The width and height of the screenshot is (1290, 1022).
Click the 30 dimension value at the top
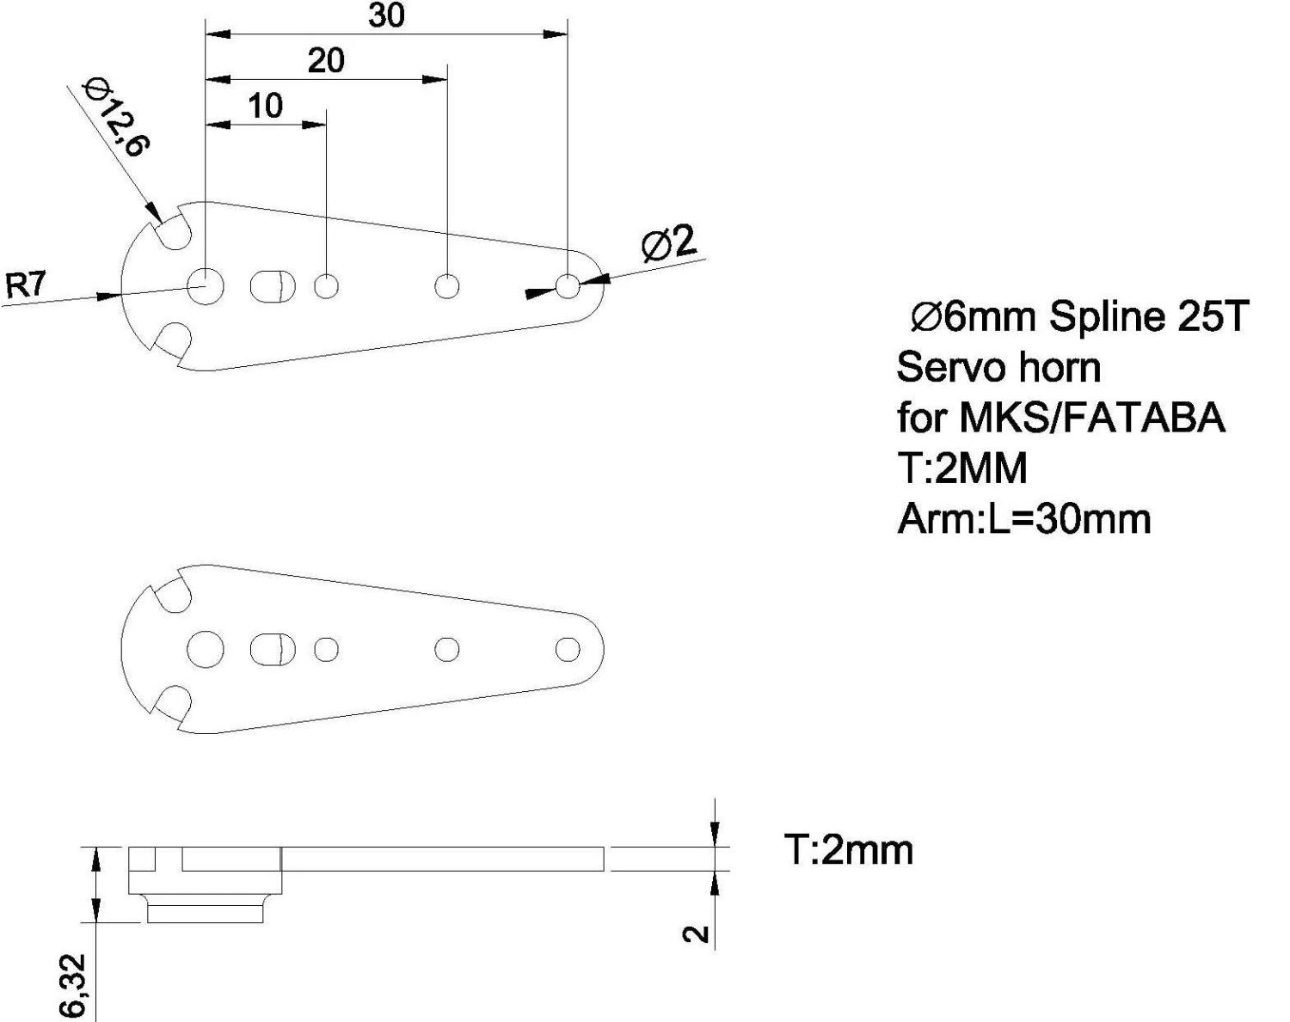click(387, 15)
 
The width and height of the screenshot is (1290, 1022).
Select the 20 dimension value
click(326, 61)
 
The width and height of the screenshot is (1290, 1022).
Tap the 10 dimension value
click(266, 106)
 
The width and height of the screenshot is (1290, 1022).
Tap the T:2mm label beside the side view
click(849, 850)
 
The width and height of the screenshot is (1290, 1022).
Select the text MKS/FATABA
click(1093, 418)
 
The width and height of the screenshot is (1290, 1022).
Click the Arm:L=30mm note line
click(1024, 519)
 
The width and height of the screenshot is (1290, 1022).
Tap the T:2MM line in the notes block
click(962, 468)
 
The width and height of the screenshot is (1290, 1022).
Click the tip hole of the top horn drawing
click(568, 286)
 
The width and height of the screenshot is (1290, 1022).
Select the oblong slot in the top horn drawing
click(273, 286)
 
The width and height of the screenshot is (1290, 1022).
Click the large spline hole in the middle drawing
click(206, 649)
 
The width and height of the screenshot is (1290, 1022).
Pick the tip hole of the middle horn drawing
click(568, 649)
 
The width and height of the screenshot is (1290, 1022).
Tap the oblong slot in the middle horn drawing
click(273, 649)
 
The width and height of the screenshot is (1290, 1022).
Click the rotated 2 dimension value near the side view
click(697, 934)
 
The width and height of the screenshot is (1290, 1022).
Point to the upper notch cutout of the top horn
click(173, 230)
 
